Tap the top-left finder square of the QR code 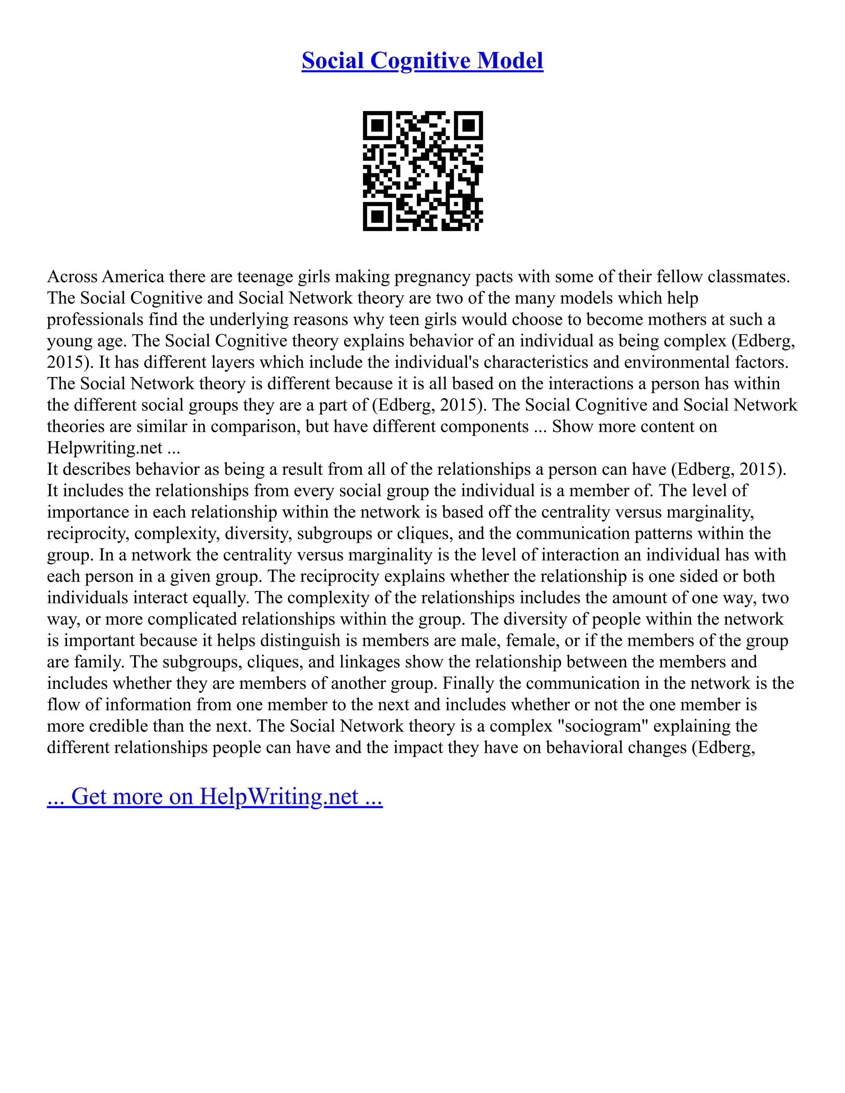point(378,126)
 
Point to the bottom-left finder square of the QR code point(378,216)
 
